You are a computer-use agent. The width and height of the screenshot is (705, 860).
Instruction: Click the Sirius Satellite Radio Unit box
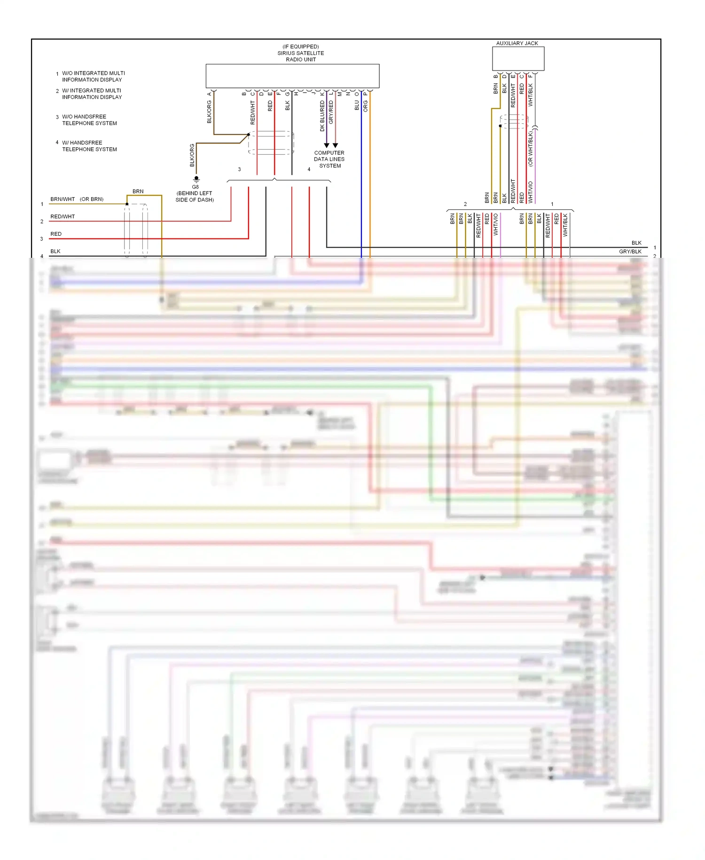point(292,76)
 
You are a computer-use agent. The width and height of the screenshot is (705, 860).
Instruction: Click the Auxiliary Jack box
point(518,59)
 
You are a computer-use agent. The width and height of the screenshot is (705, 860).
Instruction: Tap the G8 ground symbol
point(196,179)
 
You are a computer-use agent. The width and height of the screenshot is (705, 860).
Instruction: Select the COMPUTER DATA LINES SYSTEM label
point(329,159)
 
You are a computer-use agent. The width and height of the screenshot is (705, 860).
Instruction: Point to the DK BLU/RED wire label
point(322,116)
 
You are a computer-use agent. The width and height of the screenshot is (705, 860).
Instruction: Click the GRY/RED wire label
point(331,112)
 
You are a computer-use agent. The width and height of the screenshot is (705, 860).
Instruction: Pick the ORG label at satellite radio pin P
point(366,106)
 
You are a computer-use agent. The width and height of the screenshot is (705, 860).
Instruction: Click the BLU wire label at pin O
point(357,105)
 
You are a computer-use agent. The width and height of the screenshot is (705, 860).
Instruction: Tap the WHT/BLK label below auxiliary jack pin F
point(531,95)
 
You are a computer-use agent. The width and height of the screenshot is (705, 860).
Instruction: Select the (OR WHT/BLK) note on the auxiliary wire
point(531,149)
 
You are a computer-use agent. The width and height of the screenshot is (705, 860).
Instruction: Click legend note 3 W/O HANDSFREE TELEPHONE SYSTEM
point(89,120)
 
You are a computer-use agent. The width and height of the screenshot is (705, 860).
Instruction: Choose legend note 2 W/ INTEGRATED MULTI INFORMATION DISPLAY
point(91,94)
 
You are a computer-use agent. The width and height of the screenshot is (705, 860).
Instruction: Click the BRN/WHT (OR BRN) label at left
point(77,199)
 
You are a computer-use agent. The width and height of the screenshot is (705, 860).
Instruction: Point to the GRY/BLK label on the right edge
point(630,252)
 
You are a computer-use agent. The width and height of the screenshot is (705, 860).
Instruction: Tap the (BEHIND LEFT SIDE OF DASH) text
point(195,197)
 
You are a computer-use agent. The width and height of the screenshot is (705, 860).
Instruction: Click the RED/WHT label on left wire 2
point(63,216)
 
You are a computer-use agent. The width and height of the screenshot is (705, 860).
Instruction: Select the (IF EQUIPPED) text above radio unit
point(300,47)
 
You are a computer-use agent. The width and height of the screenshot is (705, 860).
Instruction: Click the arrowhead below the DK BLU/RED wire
point(327,145)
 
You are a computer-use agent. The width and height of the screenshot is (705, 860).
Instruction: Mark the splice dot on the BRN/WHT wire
point(127,204)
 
